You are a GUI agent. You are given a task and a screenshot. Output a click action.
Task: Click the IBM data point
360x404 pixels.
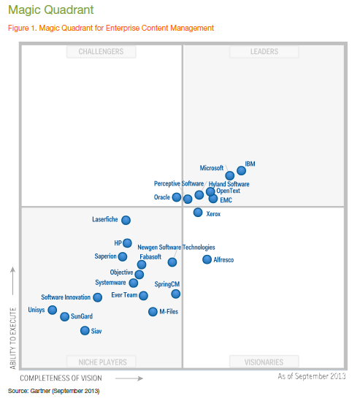(x=242, y=171)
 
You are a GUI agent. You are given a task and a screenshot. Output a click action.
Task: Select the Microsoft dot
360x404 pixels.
(x=230, y=176)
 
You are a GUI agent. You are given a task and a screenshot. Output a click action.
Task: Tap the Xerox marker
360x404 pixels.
(x=198, y=213)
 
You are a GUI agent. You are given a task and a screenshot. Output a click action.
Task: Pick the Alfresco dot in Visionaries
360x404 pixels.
(x=207, y=259)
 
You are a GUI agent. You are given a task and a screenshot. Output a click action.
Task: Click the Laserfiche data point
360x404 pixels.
(x=126, y=220)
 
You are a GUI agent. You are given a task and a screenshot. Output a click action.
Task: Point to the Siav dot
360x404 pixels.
(x=85, y=331)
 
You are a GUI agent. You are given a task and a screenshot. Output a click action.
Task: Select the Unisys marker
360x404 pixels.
(x=52, y=310)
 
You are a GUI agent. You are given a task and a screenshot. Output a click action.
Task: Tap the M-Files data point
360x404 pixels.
(x=153, y=311)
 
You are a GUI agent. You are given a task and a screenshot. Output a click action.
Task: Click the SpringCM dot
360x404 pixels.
(x=176, y=294)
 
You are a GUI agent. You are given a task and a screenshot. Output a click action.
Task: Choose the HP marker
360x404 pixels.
(x=127, y=243)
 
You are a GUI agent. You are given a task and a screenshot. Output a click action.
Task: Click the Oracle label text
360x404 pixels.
(x=161, y=197)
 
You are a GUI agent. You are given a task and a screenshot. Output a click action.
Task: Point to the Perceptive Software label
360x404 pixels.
(x=178, y=183)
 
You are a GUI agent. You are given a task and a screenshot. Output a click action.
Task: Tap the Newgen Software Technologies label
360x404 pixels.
(x=176, y=248)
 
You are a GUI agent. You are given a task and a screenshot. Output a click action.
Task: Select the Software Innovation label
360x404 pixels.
(x=66, y=297)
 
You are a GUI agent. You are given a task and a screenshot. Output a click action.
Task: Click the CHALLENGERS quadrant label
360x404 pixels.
(x=101, y=52)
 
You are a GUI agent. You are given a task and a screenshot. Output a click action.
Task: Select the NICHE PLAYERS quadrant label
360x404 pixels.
(x=101, y=362)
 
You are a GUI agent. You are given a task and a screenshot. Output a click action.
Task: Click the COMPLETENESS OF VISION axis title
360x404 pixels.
(x=61, y=378)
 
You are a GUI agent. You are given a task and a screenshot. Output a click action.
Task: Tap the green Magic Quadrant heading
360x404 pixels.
(x=40, y=10)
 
